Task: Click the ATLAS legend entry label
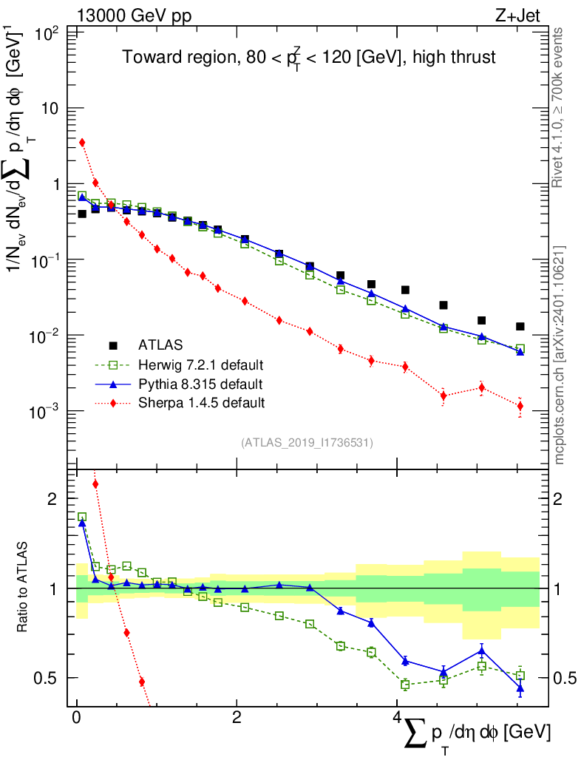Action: (x=160, y=344)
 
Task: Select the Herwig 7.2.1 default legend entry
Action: (x=200, y=364)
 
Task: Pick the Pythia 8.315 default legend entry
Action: (x=200, y=384)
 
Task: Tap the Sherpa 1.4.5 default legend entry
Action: (x=200, y=403)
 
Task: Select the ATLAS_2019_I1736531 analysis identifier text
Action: (x=307, y=443)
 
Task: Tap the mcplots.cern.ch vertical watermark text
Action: (x=559, y=355)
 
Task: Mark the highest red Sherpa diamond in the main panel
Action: (x=82, y=143)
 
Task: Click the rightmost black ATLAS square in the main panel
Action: (x=520, y=326)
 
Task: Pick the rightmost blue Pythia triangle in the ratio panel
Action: (x=520, y=688)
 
